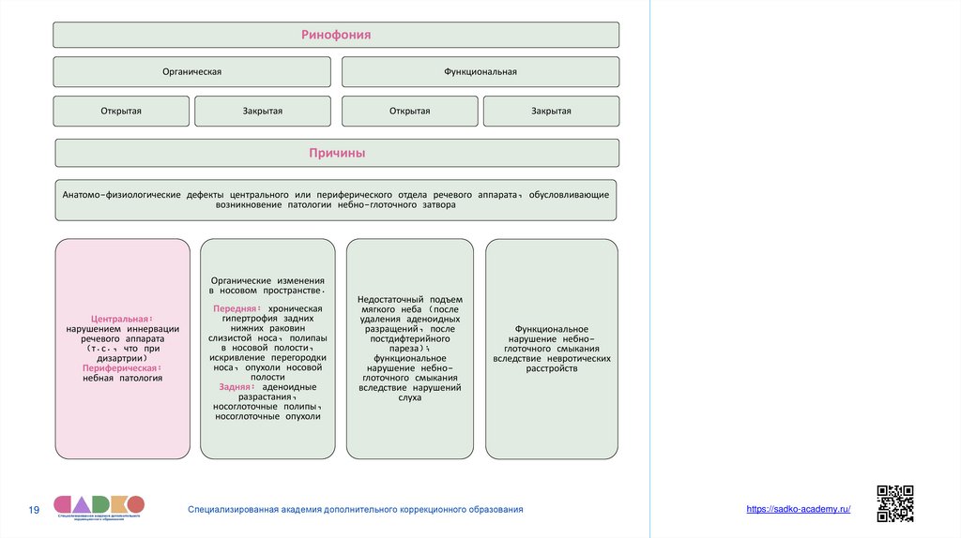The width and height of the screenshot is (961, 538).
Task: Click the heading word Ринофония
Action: [x=335, y=35]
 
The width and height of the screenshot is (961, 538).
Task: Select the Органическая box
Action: [x=191, y=72]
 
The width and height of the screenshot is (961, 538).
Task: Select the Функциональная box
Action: [x=480, y=72]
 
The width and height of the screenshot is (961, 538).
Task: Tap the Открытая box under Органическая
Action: [x=121, y=112]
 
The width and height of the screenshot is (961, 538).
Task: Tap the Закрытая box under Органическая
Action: [x=263, y=112]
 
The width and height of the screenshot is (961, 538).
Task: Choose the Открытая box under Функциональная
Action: [x=409, y=112]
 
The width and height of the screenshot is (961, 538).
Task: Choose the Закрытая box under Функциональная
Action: [x=551, y=112]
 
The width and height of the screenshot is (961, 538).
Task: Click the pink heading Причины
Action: [x=337, y=153]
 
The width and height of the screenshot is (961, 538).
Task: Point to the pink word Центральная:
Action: [x=122, y=319]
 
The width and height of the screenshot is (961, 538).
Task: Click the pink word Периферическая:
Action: [x=122, y=368]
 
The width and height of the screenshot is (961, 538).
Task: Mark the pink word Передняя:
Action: [x=235, y=307]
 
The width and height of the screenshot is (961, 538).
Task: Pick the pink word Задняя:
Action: [x=236, y=386]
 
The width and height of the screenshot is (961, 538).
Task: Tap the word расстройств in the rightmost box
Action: [x=552, y=368]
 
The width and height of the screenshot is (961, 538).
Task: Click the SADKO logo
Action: [x=99, y=506]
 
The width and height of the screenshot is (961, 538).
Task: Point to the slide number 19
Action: [x=34, y=510]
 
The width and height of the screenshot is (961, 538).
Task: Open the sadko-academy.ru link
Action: [x=798, y=508]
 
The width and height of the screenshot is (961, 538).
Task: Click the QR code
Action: [x=894, y=503]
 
